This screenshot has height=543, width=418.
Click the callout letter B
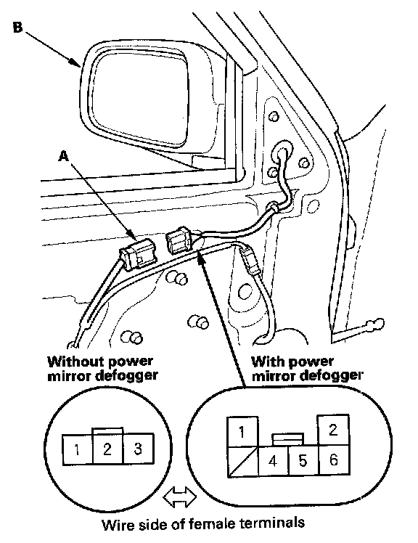[x=17, y=27]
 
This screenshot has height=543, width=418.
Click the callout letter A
[x=63, y=157]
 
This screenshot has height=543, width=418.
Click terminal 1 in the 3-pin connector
[x=77, y=449]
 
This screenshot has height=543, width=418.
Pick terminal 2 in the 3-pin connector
[x=107, y=449]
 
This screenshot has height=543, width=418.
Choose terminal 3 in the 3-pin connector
[x=138, y=449]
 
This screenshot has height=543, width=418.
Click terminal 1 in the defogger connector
[x=242, y=431]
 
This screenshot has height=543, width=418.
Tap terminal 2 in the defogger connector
[x=333, y=430]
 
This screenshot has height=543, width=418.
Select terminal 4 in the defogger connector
[x=273, y=460]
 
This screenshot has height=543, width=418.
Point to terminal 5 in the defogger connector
[x=303, y=460]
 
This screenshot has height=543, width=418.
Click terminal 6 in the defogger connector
[x=334, y=460]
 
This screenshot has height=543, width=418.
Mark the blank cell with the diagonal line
[x=243, y=462]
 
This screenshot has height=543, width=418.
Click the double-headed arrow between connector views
[x=179, y=497]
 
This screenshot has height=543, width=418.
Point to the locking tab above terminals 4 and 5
[x=288, y=439]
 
